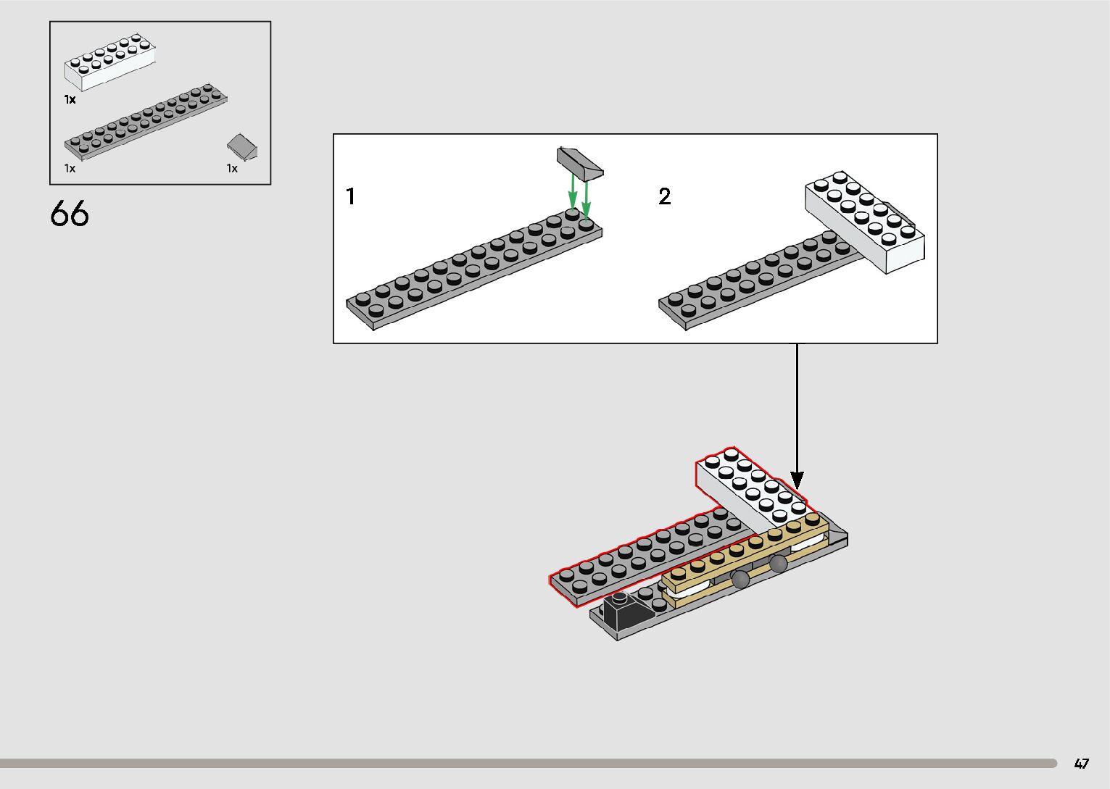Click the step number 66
click(x=70, y=214)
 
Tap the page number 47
click(x=1082, y=764)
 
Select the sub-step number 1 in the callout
click(x=351, y=196)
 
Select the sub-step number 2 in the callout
click(x=664, y=196)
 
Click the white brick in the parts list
click(x=110, y=64)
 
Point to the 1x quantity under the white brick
click(x=70, y=99)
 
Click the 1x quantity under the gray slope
click(x=232, y=168)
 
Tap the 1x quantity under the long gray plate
click(x=70, y=168)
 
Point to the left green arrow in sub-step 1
click(x=573, y=191)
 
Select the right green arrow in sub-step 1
click(x=586, y=196)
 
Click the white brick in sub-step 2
click(x=865, y=221)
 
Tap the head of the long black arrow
click(x=797, y=480)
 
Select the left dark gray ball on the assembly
click(x=740, y=577)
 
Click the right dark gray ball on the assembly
click(x=778, y=563)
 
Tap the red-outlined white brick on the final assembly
click(x=750, y=488)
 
